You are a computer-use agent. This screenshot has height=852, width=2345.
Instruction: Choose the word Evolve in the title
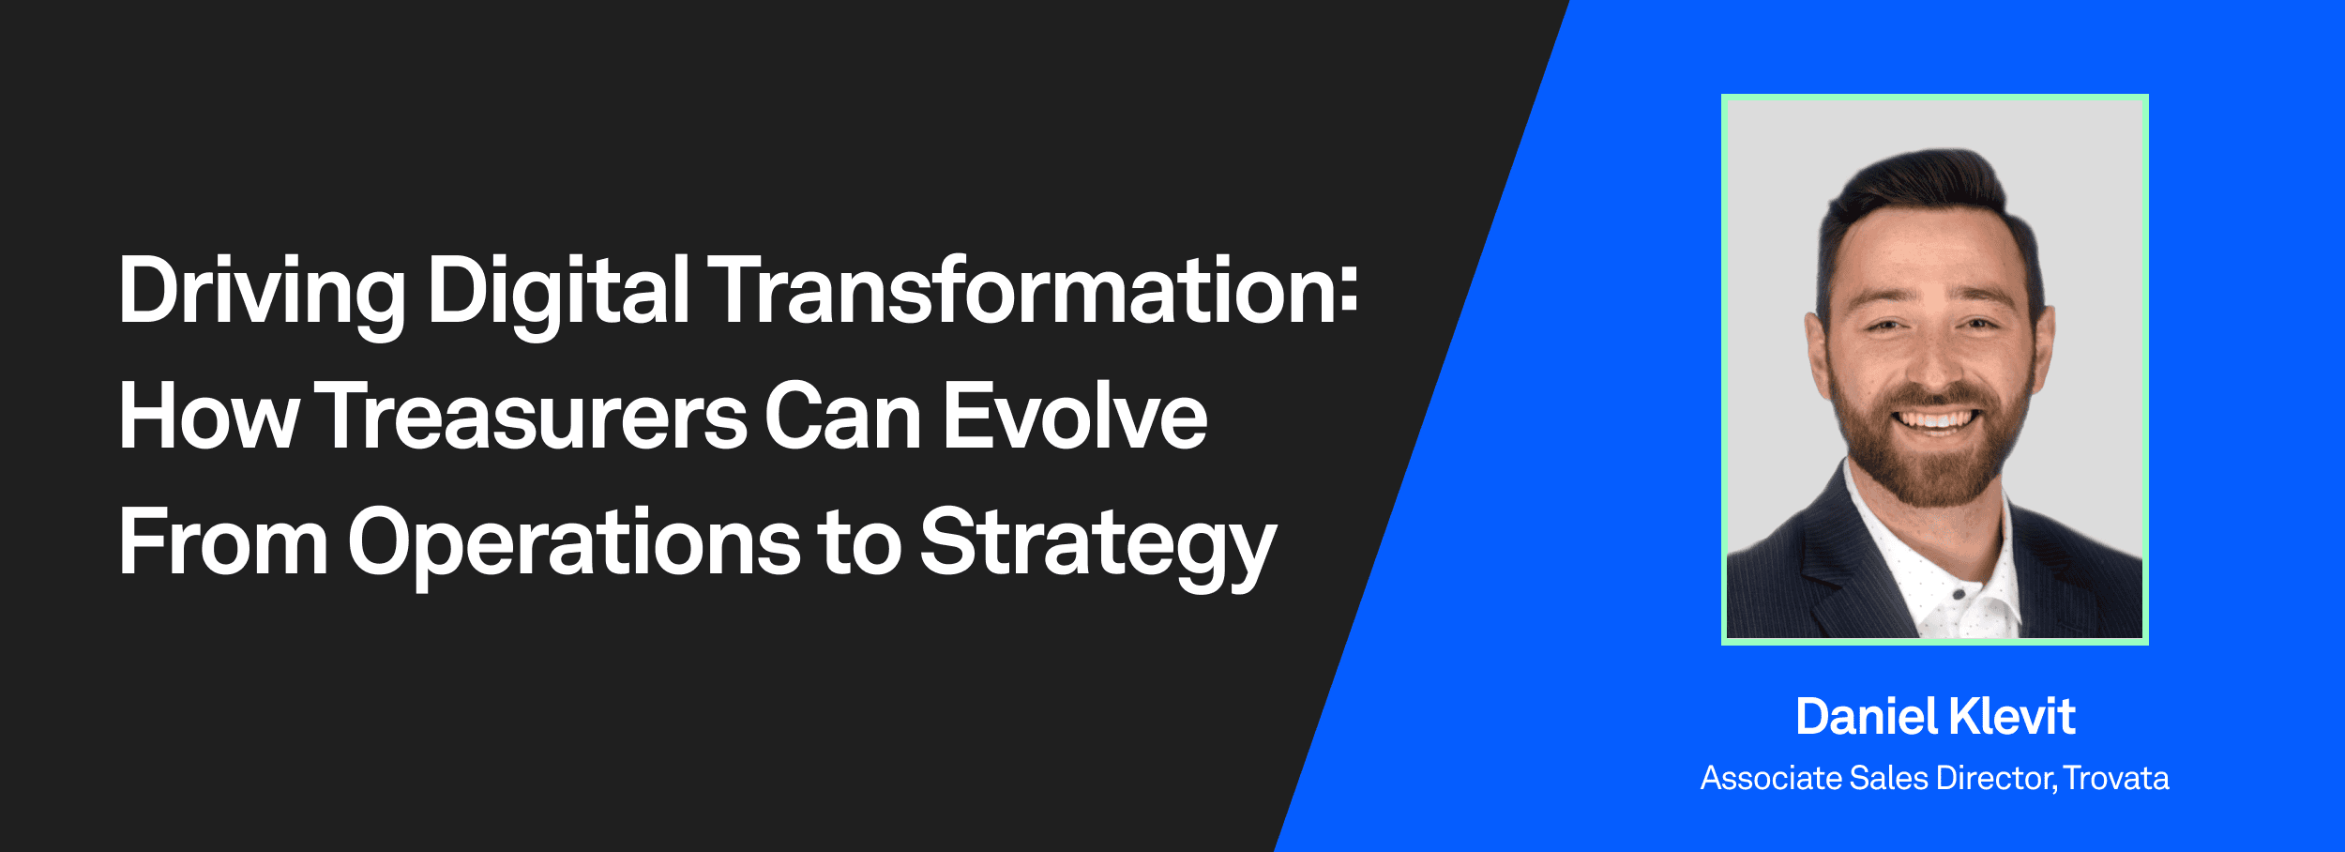coord(1075,417)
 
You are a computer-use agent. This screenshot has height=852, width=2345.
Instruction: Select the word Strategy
coord(1097,544)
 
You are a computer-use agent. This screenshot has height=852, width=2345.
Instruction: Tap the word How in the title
coord(208,417)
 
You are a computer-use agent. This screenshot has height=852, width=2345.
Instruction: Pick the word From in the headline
coord(223,542)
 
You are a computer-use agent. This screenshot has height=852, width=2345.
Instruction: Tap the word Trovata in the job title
coord(2117,779)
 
